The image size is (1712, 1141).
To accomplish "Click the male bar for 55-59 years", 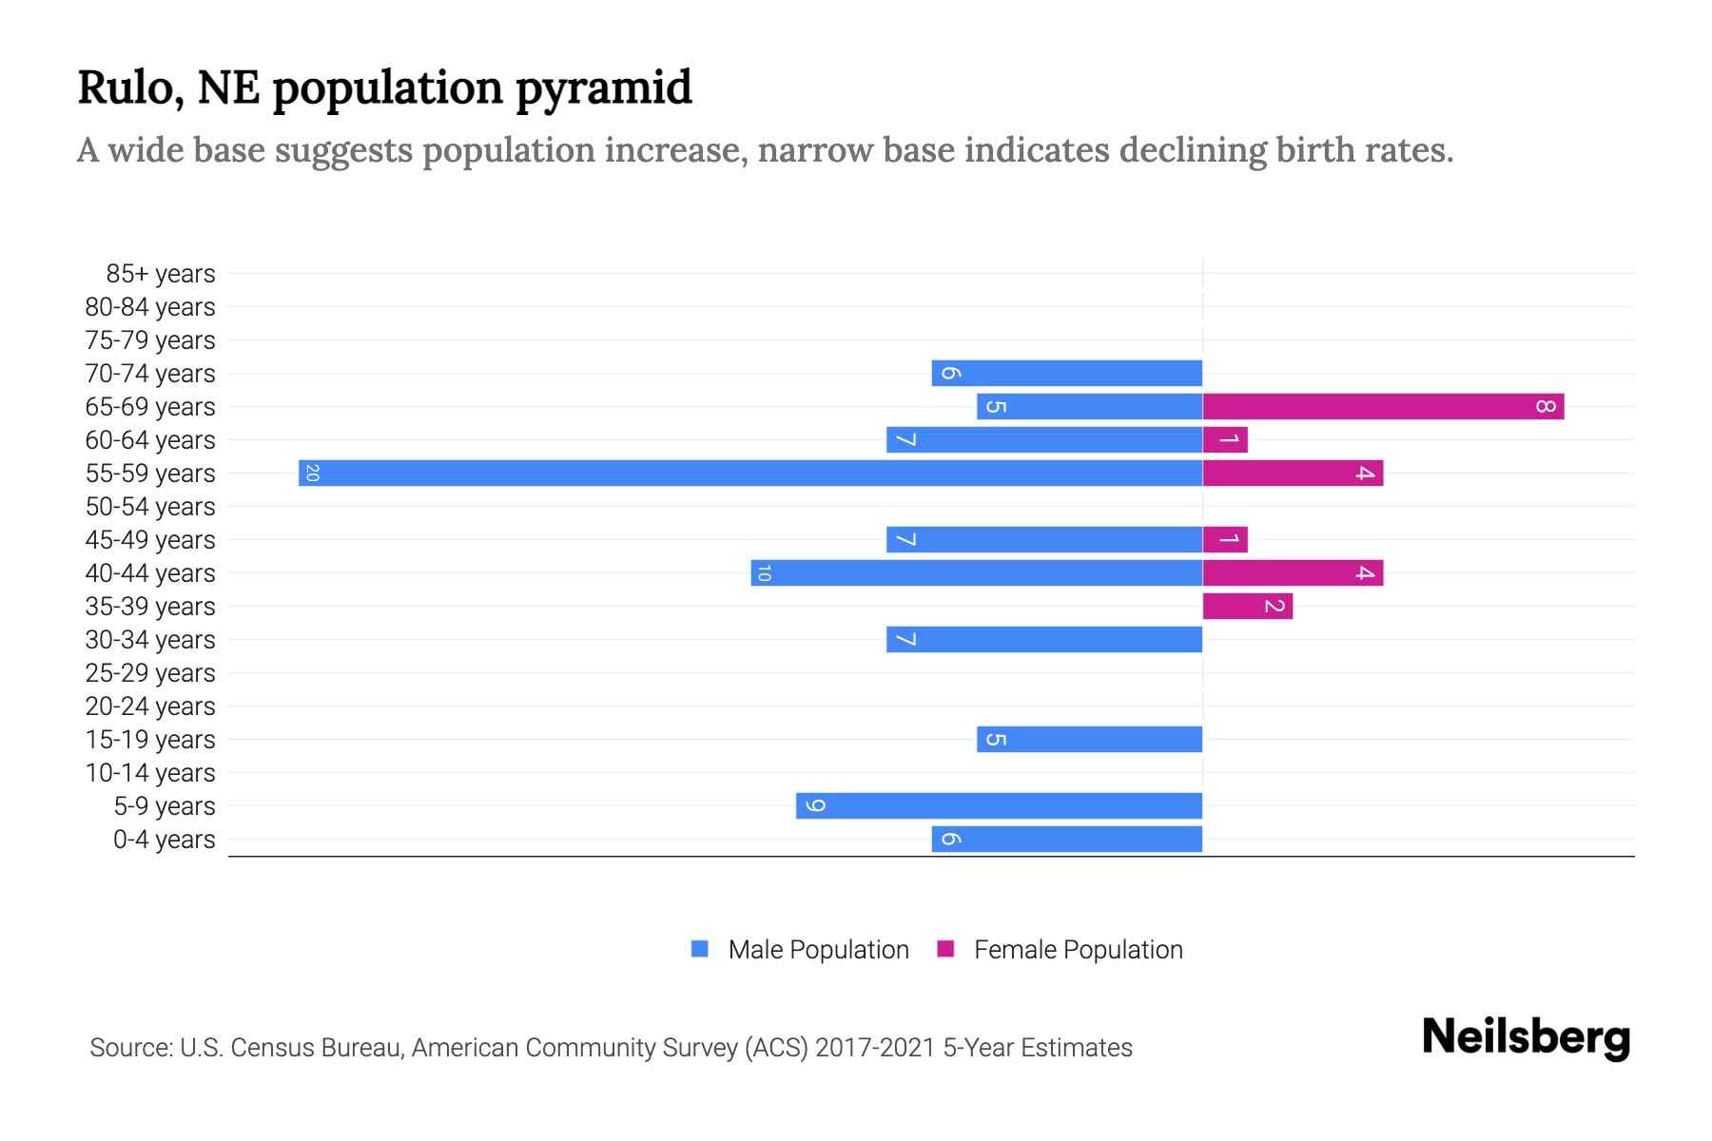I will tap(750, 473).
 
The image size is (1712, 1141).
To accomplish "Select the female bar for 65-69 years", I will tap(1383, 407).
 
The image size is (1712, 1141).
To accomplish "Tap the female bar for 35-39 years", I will tap(1247, 607).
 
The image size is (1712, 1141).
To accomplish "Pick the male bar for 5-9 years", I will tap(999, 806).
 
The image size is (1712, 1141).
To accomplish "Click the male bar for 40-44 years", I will tap(977, 573).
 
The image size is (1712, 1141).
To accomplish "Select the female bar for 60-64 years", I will tap(1225, 440).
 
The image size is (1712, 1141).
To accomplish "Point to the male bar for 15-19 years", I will tap(1089, 740).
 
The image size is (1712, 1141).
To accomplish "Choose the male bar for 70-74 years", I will tap(1066, 374).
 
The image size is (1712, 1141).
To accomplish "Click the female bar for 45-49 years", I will tap(1225, 540).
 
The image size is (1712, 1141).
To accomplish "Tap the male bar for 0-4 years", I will tap(1066, 840).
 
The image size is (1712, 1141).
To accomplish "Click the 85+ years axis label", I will tap(160, 274).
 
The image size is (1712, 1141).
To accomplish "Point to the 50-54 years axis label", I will tap(150, 507).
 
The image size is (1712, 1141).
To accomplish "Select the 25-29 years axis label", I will tap(150, 673).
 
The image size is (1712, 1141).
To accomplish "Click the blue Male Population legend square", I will tap(700, 949).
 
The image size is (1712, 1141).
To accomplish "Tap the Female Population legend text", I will tap(1078, 950).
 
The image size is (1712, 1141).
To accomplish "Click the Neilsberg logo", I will tap(1526, 1037).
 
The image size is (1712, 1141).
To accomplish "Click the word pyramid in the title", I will tap(604, 88).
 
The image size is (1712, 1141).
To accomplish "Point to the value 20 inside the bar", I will tap(312, 473).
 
